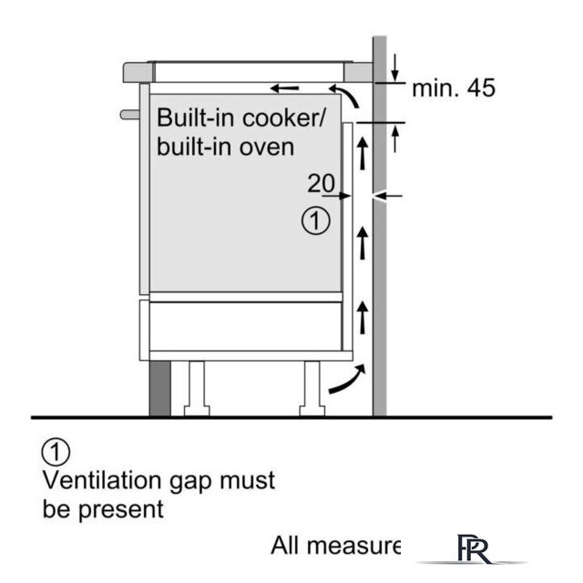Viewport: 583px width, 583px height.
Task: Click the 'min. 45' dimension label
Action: point(454,89)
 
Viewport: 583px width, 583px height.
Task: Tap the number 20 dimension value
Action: point(321,183)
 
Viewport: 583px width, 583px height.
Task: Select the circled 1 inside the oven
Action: point(314,220)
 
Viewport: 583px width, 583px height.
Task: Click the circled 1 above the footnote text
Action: point(56,451)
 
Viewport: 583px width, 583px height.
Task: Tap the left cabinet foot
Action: point(196,386)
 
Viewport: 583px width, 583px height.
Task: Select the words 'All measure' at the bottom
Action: point(335,546)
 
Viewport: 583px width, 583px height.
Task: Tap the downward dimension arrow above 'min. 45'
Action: point(395,66)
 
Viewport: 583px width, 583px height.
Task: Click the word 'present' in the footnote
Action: point(128,507)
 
